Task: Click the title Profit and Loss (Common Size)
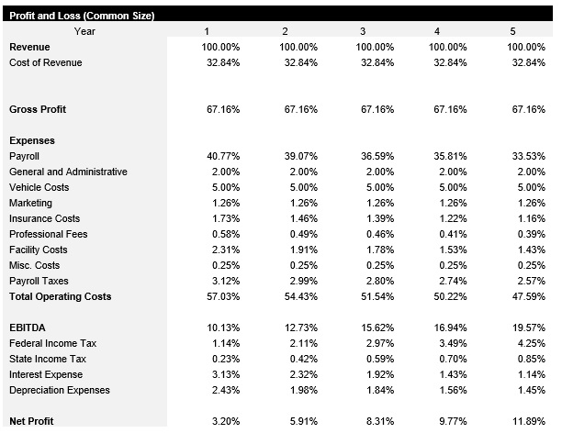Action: [81, 16]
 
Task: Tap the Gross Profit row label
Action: [37, 109]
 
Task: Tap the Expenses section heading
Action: [32, 140]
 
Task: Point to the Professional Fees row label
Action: [50, 234]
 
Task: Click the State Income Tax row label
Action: [48, 359]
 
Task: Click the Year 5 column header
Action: [512, 31]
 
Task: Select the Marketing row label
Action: [30, 203]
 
